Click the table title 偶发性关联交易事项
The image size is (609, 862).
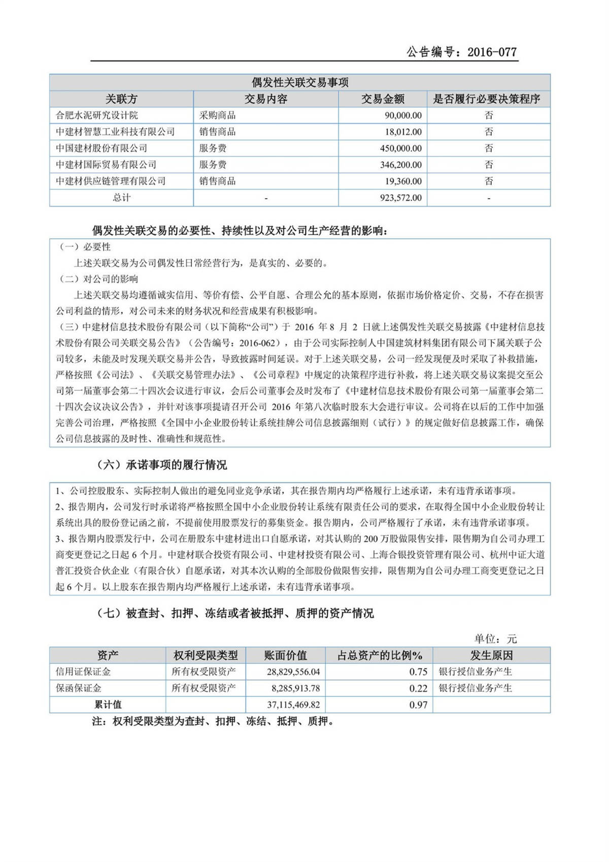300,82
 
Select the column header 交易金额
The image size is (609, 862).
383,99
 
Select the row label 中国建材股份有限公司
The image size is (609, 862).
101,148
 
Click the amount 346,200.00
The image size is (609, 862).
400,165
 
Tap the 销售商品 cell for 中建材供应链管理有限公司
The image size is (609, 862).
217,181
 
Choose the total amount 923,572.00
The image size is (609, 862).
400,198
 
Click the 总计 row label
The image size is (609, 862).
121,198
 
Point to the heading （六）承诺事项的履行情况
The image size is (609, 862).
161,465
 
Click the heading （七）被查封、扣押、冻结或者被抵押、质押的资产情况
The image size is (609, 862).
235,613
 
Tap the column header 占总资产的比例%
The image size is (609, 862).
380,655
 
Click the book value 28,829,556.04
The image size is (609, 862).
293,672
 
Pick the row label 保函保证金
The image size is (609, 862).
79,688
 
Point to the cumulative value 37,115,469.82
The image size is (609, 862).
293,705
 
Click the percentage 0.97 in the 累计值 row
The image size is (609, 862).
418,705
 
